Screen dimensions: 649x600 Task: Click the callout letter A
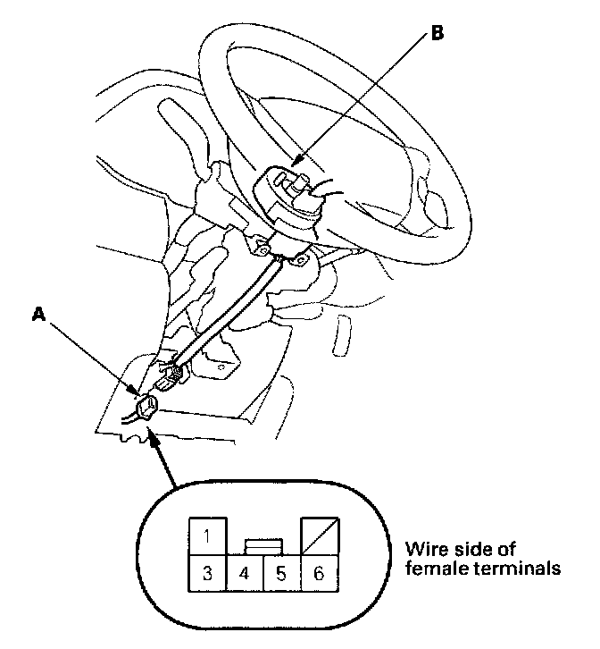38,314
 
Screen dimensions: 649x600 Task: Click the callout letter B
437,33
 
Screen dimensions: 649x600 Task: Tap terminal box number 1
206,536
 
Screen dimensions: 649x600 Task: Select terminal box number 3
206,573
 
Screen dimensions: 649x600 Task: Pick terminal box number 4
245,573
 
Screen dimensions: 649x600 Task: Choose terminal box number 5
281,573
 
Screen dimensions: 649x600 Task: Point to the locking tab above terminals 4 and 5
263,544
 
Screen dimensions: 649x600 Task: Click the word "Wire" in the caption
423,548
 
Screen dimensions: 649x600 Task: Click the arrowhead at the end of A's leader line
136,393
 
